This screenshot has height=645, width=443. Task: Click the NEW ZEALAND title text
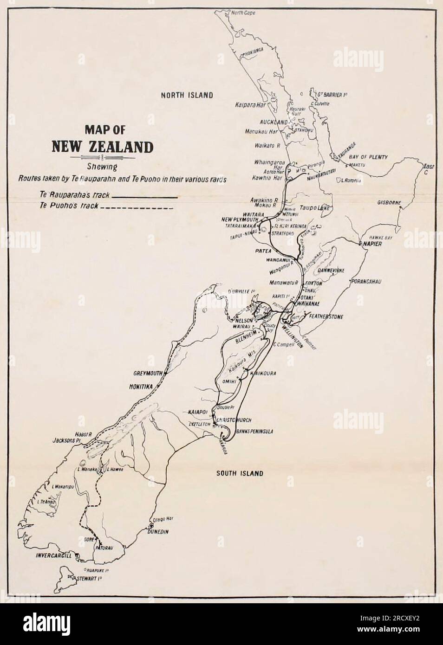coord(102,147)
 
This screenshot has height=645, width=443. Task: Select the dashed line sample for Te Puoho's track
coord(137,207)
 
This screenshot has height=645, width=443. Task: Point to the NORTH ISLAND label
coord(187,96)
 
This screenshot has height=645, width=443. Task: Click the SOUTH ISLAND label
coord(240,473)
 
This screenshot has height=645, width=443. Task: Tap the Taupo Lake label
coord(314,208)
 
